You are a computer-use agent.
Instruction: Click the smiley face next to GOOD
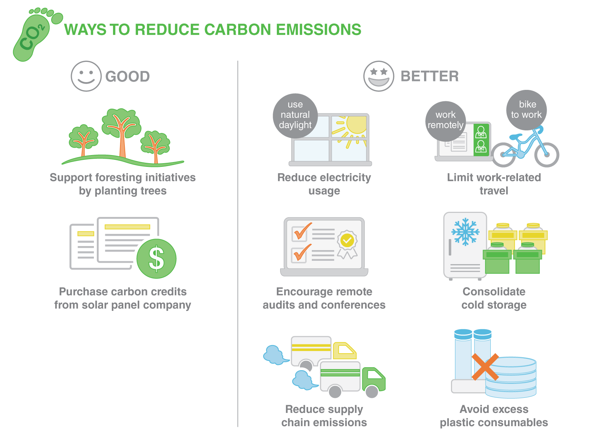click(86, 76)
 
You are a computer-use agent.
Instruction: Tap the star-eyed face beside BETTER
click(378, 76)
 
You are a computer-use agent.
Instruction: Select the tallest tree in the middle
click(121, 131)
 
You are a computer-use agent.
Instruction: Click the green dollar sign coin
click(156, 259)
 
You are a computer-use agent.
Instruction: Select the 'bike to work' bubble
click(526, 110)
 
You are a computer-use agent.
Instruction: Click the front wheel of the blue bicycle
click(547, 155)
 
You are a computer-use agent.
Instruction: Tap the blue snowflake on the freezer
click(465, 232)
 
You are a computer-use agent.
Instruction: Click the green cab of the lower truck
click(373, 379)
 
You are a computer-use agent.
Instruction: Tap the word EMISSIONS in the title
click(318, 30)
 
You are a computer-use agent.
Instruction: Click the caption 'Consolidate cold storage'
click(494, 298)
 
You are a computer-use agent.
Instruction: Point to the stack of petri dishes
click(511, 378)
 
